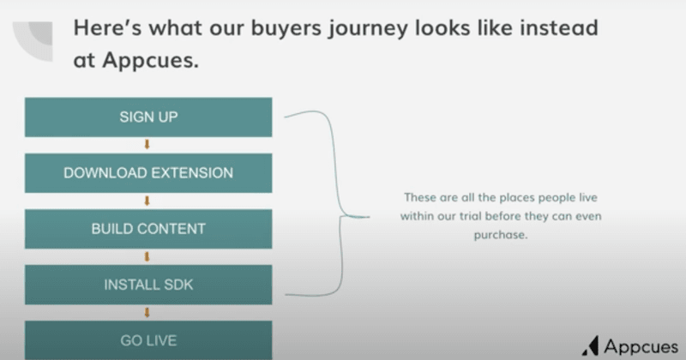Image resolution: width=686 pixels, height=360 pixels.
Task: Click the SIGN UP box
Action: (x=148, y=117)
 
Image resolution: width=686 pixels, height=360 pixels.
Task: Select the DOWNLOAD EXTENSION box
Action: (x=148, y=173)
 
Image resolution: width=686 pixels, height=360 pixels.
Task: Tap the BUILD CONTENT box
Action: (x=148, y=229)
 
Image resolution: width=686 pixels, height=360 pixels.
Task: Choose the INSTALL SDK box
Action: (x=148, y=285)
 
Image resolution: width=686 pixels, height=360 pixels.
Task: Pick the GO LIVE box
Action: (x=148, y=340)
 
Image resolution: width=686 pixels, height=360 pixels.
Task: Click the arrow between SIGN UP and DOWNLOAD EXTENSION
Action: (x=147, y=145)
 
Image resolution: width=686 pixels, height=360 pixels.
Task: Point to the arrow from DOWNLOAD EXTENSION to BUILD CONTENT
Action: (x=147, y=201)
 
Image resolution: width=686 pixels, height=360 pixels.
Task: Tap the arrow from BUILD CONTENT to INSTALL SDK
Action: (x=147, y=256)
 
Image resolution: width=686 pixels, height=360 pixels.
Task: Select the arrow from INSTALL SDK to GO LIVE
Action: (x=147, y=312)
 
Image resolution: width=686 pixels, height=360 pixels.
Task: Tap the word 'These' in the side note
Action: (x=419, y=197)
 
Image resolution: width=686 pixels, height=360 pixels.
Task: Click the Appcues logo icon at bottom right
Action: (x=591, y=345)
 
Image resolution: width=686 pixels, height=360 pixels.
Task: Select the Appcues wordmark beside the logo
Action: (x=640, y=345)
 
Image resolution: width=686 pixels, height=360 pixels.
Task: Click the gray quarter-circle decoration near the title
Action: (x=39, y=39)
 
